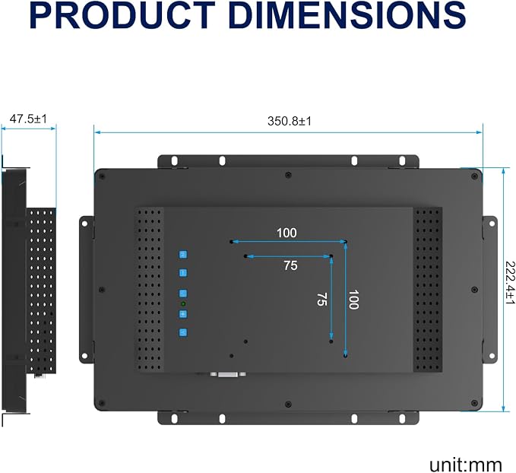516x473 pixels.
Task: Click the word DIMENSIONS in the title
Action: point(349,15)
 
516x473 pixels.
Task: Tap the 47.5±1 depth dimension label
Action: point(28,119)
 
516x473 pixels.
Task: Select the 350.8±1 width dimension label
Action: point(290,121)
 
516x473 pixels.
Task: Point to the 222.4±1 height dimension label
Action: point(510,283)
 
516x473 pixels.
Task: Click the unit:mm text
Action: point(465,465)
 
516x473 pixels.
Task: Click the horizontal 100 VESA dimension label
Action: point(286,233)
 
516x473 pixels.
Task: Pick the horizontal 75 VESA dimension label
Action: point(290,265)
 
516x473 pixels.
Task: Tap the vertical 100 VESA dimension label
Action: point(353,300)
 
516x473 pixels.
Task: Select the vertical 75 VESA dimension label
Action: point(321,299)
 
